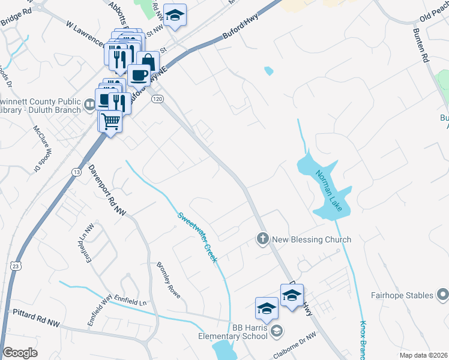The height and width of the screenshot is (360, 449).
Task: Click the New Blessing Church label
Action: coord(312,239)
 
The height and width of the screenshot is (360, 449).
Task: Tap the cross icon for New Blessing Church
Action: coord(262,239)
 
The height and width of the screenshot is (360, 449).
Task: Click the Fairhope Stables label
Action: coord(402,295)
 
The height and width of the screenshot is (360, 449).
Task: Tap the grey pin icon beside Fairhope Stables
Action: coord(443,295)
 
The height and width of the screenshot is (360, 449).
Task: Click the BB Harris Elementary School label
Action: coord(233,331)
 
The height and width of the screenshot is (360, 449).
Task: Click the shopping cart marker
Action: coord(110,122)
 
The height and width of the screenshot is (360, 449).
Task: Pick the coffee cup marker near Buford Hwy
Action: coord(139,76)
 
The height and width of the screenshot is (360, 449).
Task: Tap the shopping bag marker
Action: coord(148,62)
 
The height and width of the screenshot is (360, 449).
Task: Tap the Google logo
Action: coord(20,353)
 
